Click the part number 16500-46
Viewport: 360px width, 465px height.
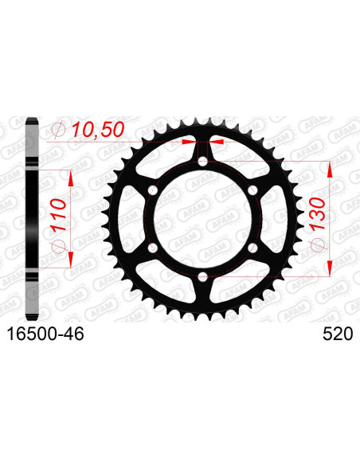point(45,334)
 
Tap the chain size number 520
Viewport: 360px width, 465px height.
point(338,334)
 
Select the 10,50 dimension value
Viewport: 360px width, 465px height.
point(97,130)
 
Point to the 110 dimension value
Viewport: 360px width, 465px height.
point(57,216)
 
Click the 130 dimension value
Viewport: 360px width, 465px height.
point(317,214)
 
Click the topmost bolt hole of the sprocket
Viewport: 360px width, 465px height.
point(203,162)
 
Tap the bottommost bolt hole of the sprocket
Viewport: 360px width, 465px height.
point(203,277)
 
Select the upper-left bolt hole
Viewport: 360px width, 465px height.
point(153,190)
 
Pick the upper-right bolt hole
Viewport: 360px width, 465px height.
point(252,190)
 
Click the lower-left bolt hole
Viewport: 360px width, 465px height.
point(153,248)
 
